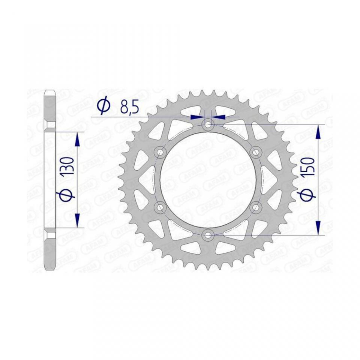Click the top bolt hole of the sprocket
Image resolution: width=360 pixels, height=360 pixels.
point(208,125)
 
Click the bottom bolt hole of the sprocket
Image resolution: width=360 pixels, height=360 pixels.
point(208,235)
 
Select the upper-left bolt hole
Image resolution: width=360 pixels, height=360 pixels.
point(160,152)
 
